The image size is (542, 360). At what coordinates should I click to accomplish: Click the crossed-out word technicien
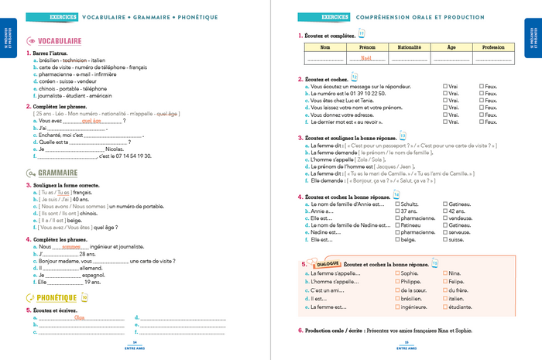click(x=75, y=60)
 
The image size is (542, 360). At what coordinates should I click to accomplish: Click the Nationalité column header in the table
click(x=408, y=47)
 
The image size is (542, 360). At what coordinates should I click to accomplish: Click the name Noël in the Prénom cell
click(x=367, y=58)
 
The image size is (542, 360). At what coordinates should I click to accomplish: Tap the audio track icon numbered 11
click(x=361, y=33)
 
